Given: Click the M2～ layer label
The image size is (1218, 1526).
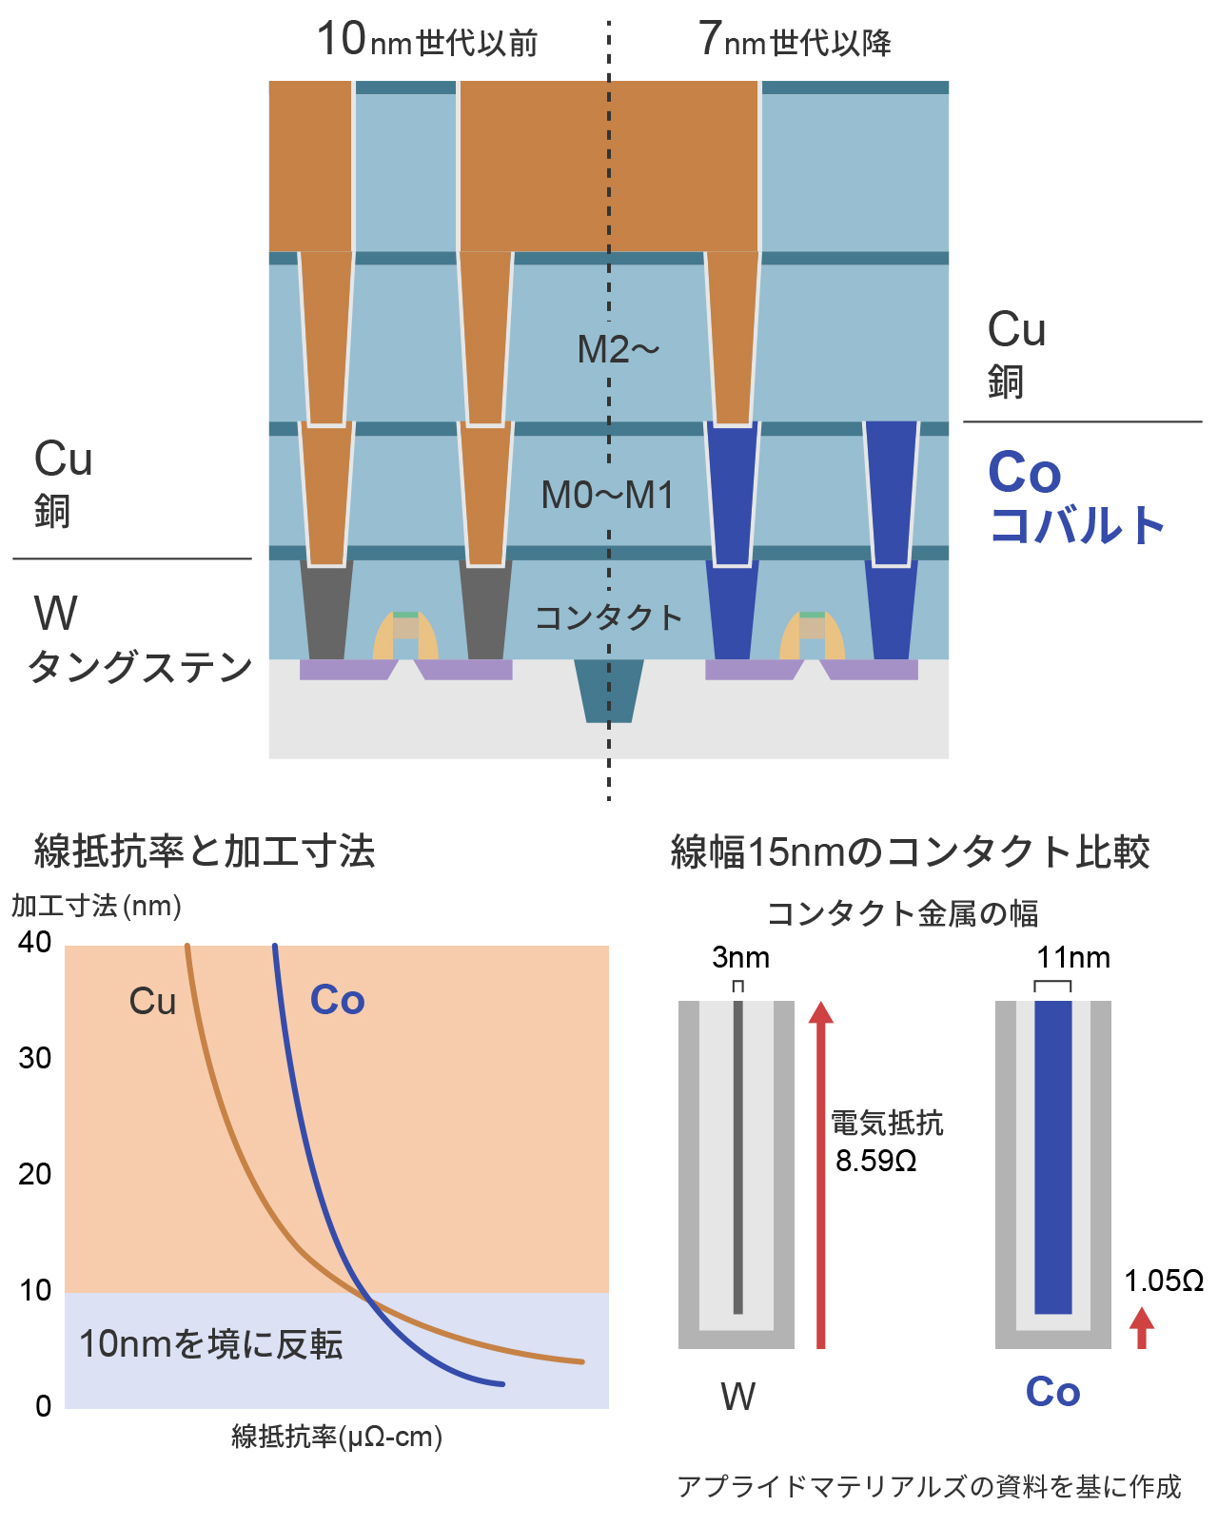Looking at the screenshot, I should [618, 350].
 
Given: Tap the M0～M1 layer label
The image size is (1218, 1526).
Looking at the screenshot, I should [607, 495].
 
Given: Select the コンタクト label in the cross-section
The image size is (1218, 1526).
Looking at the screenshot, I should [609, 618].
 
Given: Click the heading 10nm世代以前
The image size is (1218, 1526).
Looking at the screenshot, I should [427, 41].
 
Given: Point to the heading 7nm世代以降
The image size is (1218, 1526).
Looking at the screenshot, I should [795, 41].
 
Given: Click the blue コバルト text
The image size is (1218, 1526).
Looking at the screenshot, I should [1077, 525].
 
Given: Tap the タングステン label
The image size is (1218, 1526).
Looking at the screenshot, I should [140, 667].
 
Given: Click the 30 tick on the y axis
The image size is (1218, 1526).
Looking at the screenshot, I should [35, 1058].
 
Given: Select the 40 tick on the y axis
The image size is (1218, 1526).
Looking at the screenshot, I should [35, 942].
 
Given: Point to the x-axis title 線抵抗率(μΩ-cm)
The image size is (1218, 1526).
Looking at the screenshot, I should [337, 1436].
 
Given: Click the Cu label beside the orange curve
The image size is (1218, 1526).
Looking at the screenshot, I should [152, 1002].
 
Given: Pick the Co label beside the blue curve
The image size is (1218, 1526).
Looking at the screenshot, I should [338, 1001].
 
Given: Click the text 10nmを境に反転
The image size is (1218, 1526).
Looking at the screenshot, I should [210, 1344].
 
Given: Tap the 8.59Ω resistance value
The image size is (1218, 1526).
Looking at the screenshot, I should [876, 1161].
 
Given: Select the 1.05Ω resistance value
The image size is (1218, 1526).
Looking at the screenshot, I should [1164, 1281].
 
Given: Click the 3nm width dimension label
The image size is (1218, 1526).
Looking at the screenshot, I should [740, 957].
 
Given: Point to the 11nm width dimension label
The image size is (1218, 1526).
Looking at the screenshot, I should [1073, 957].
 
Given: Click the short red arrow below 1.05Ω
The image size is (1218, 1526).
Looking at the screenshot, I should [1142, 1328].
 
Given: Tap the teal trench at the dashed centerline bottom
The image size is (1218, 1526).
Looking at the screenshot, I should [609, 690].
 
